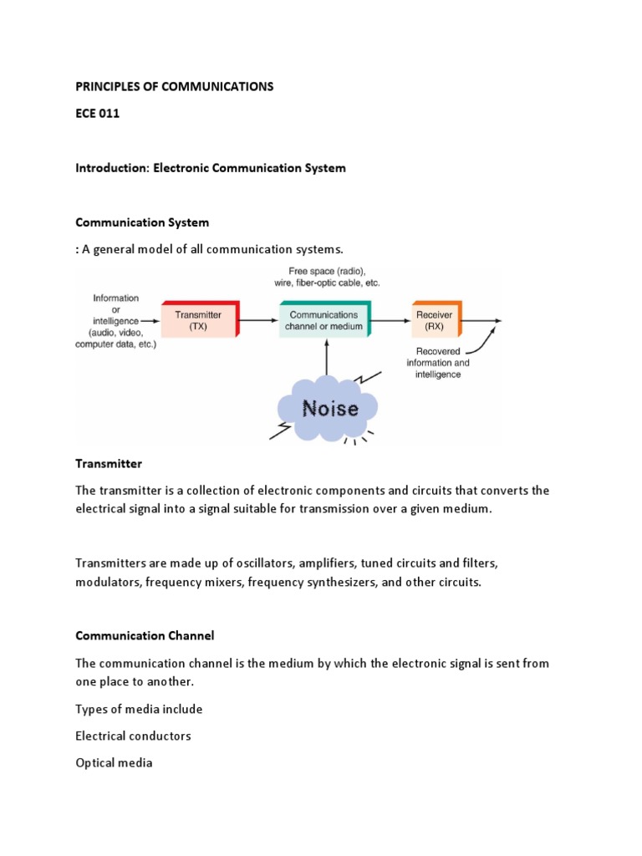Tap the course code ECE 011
pyautogui.click(x=97, y=114)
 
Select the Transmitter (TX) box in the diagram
pyautogui.click(x=198, y=320)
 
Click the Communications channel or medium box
pyautogui.click(x=324, y=320)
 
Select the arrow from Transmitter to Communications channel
pyautogui.click(x=258, y=320)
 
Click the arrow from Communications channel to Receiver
pyautogui.click(x=391, y=320)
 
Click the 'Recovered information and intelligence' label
pyautogui.click(x=438, y=363)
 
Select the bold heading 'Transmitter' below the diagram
pyautogui.click(x=109, y=463)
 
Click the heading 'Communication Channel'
pyautogui.click(x=145, y=635)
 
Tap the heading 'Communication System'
pyautogui.click(x=142, y=222)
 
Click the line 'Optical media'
pyautogui.click(x=114, y=762)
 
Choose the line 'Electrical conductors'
pyautogui.click(x=133, y=736)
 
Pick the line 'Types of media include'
pyautogui.click(x=139, y=709)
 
